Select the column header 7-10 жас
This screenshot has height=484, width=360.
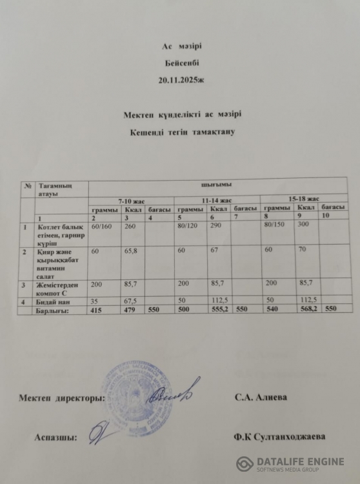131,201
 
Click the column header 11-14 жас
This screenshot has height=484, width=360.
217,200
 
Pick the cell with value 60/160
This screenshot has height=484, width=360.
103,227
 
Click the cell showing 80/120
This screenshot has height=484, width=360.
188,227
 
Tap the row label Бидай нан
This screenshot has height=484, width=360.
54,301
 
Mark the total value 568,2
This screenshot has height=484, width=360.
307,308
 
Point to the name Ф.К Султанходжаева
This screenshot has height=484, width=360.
280,437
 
